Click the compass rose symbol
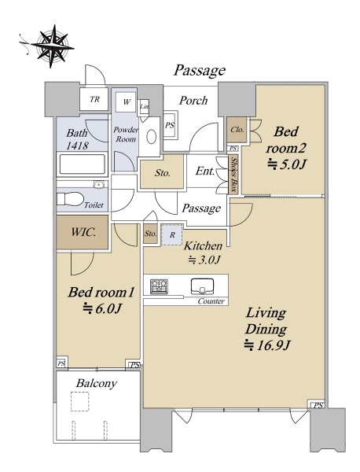click(52, 46)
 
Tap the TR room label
click(94, 99)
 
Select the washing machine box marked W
click(126, 102)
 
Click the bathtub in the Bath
click(83, 164)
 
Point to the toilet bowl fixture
click(70, 199)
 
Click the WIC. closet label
click(83, 232)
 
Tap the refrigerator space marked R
click(171, 234)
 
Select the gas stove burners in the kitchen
click(159, 286)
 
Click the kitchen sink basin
click(203, 286)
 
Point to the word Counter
click(211, 301)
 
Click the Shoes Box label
click(233, 175)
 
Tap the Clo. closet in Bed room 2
click(237, 130)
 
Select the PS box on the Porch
click(170, 125)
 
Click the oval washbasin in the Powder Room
click(151, 137)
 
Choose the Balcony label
click(96, 383)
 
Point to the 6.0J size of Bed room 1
click(101, 308)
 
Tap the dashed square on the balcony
click(80, 401)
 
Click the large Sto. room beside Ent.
click(162, 171)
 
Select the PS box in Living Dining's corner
click(318, 405)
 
